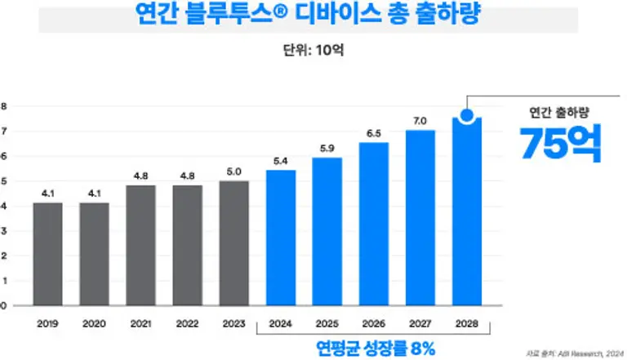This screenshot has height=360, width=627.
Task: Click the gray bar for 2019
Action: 47,254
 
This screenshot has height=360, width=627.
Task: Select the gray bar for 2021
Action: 140,245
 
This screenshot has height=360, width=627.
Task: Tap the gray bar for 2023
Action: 234,242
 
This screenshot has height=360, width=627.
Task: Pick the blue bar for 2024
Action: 281,238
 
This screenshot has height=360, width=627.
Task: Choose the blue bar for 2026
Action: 373,224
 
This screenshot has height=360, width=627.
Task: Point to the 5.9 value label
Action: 327,148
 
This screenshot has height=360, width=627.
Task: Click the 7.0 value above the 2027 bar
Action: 420,121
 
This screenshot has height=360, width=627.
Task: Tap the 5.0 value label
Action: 234,171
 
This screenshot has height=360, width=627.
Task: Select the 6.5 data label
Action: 374,133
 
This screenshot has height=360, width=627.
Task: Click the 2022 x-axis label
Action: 188,323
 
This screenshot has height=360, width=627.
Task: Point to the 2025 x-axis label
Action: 327,323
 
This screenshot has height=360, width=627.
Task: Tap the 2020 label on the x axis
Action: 95,323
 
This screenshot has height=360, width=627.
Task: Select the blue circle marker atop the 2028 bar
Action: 466,116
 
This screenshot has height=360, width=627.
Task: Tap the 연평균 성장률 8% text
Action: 375,347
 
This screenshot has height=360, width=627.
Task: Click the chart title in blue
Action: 313,16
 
